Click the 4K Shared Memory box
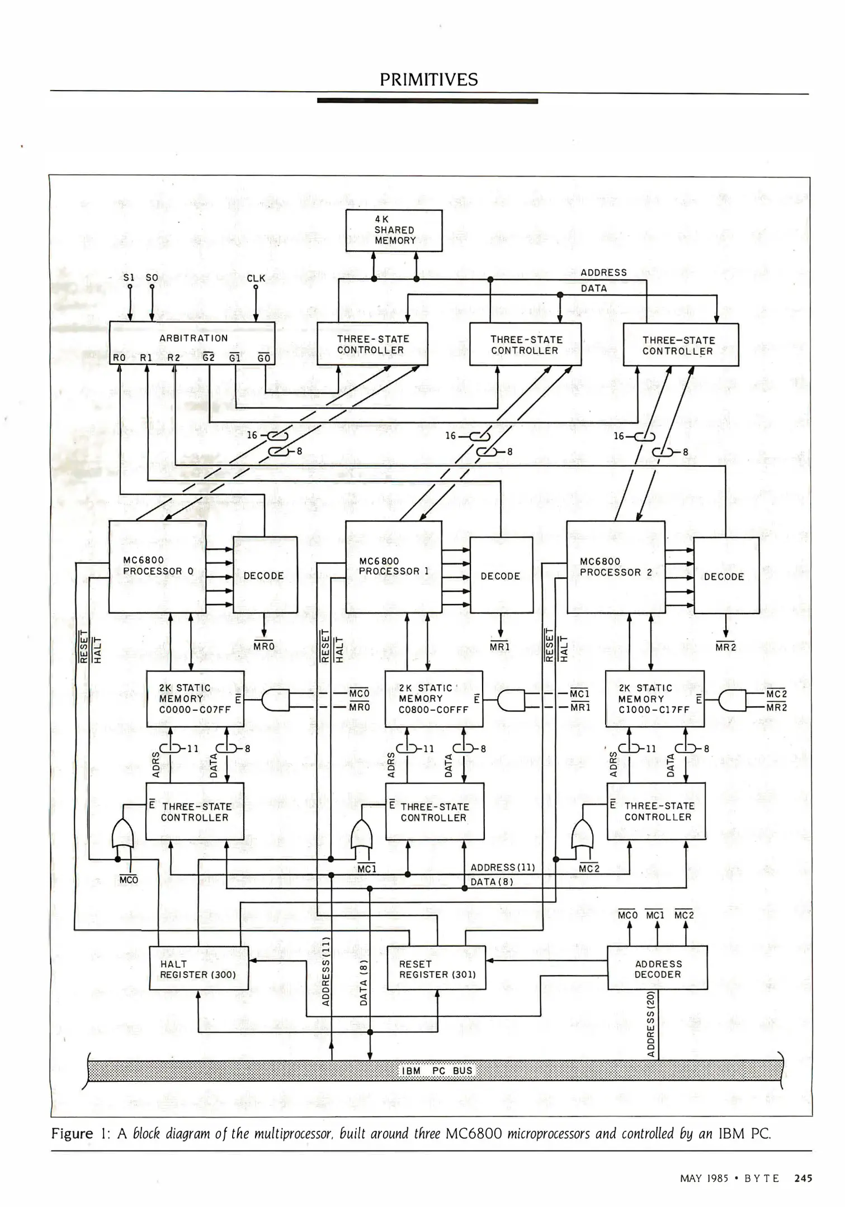tap(394, 230)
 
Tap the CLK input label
tap(256, 278)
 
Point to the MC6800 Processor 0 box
tap(158, 566)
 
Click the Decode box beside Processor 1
tap(501, 576)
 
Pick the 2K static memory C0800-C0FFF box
tap(433, 698)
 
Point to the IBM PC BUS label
tap(437, 1071)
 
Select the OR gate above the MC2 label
tap(583, 836)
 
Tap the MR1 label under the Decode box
tap(500, 647)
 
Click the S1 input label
tap(129, 278)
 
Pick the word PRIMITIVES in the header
tap(428, 80)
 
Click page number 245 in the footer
tap(802, 1179)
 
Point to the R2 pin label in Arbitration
tap(174, 358)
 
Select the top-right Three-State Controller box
tap(680, 345)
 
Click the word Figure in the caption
tap(72, 1134)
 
